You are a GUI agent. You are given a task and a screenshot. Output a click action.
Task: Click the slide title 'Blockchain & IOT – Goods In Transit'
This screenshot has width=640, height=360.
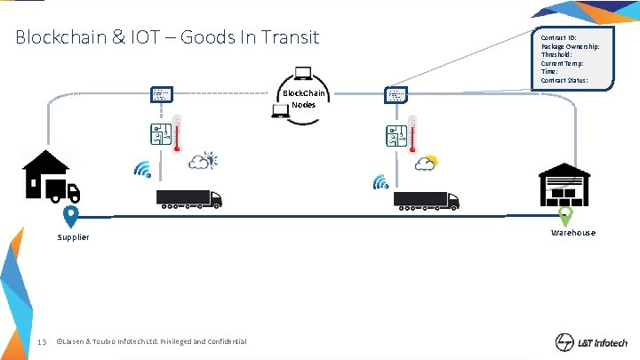167,38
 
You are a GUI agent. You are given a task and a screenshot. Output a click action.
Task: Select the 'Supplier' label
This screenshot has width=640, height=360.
73,237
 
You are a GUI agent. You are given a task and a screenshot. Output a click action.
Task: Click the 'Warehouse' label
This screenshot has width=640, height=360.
572,233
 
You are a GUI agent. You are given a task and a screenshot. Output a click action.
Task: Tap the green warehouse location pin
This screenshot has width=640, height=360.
564,215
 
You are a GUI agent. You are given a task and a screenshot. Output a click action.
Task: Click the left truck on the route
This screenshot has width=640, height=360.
188,199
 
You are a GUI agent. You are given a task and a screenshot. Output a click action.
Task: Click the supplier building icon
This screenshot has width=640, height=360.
52,175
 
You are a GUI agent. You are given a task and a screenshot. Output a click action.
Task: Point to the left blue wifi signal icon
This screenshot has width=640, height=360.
142,169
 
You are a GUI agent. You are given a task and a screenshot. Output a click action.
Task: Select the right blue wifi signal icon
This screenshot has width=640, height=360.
380,182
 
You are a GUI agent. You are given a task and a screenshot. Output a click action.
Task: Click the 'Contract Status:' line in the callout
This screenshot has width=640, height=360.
564,81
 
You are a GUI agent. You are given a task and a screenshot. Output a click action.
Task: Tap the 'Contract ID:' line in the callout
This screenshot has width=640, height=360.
559,38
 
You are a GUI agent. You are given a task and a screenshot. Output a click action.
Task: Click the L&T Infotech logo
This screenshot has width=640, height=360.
591,342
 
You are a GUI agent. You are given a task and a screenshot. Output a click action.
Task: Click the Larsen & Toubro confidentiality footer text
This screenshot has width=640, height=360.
151,341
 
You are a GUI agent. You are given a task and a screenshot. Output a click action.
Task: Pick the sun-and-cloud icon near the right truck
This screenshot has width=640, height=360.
426,163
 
